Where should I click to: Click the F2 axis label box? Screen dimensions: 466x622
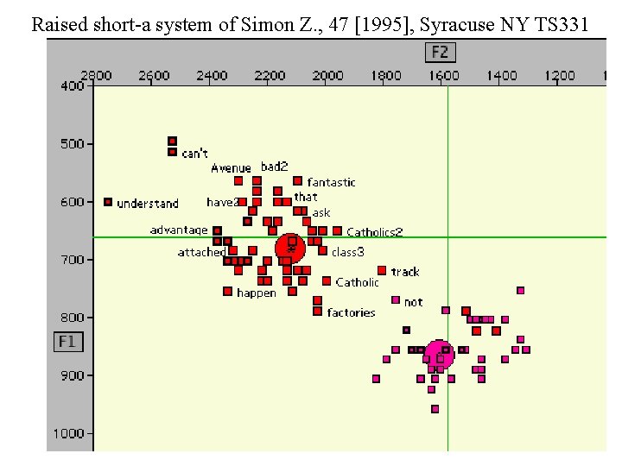point(440,53)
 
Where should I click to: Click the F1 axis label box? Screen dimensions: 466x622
point(67,342)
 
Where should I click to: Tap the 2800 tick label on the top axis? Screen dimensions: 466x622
point(96,76)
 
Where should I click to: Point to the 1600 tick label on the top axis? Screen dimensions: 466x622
point(444,76)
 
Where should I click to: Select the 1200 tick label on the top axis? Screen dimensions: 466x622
point(560,76)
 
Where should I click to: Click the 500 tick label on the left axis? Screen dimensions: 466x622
point(72,143)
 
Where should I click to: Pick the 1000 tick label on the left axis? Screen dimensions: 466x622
point(69,433)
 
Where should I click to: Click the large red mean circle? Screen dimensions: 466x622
point(290,248)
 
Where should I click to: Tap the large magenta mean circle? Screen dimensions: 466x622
point(440,353)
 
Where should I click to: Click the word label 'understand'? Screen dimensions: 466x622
point(148,204)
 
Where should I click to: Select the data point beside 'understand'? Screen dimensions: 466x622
point(108,202)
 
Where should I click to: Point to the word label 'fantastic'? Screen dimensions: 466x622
point(331,182)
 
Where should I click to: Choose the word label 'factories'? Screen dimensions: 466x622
point(351,312)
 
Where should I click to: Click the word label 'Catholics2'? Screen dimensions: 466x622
point(375,232)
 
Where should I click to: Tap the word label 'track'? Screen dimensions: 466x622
point(405,272)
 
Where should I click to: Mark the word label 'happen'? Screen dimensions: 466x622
point(257,293)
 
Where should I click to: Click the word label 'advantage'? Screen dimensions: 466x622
point(179,230)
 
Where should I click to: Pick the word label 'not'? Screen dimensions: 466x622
point(414,302)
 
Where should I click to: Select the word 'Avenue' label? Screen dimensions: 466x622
point(232,168)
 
